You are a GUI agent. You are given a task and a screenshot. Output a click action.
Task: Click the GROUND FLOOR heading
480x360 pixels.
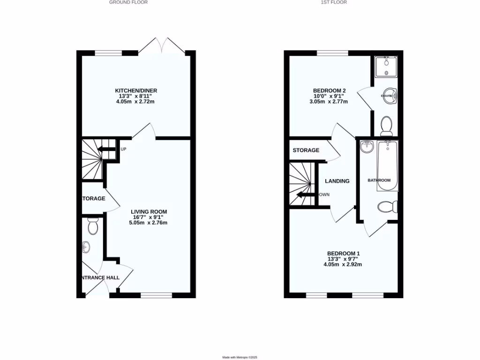[128, 2]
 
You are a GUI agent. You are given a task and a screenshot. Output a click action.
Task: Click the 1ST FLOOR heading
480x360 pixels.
[334, 2]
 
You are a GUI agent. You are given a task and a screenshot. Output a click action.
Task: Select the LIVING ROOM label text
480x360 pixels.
[149, 211]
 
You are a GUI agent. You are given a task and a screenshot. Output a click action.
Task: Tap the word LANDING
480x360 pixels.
[337, 181]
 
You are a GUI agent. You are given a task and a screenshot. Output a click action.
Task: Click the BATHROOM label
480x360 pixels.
[379, 180]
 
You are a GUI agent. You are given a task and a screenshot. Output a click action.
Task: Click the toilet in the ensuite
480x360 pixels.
[387, 125]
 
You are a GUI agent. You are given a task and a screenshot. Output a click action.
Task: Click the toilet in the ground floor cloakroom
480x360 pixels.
[93, 227]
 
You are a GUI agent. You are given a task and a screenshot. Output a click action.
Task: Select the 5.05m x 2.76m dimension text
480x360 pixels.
[148, 223]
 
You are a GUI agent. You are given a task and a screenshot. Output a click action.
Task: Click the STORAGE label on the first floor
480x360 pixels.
[306, 150]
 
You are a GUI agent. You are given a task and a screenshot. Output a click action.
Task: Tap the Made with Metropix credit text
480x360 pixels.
[240, 357]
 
